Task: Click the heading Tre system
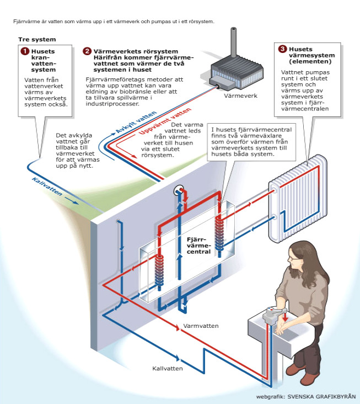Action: tap(37, 40)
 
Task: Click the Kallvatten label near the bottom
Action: tap(168, 367)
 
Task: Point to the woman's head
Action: tap(298, 254)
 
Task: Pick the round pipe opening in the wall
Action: tap(178, 191)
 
